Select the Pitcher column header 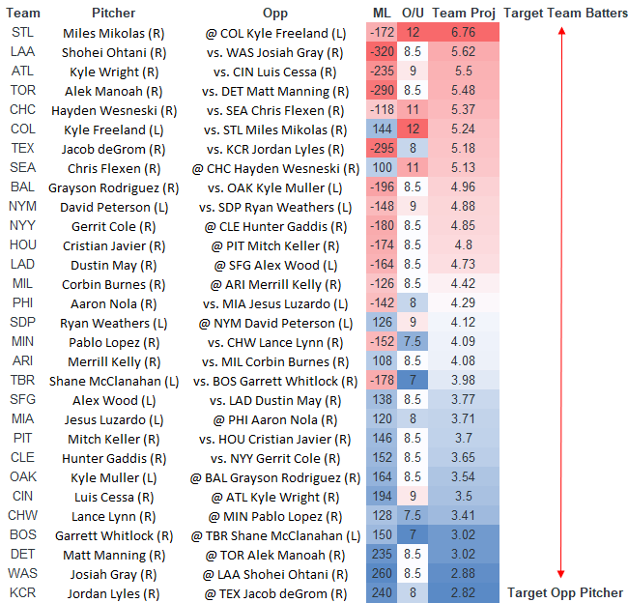pos(113,13)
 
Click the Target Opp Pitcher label pos(566,592)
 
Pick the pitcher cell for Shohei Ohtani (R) pos(113,51)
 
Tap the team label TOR pos(22,90)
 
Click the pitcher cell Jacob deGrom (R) pos(113,148)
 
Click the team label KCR pos(22,592)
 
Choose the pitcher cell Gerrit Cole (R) pos(113,225)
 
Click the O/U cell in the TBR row pos(412,380)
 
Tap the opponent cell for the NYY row pos(274,225)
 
